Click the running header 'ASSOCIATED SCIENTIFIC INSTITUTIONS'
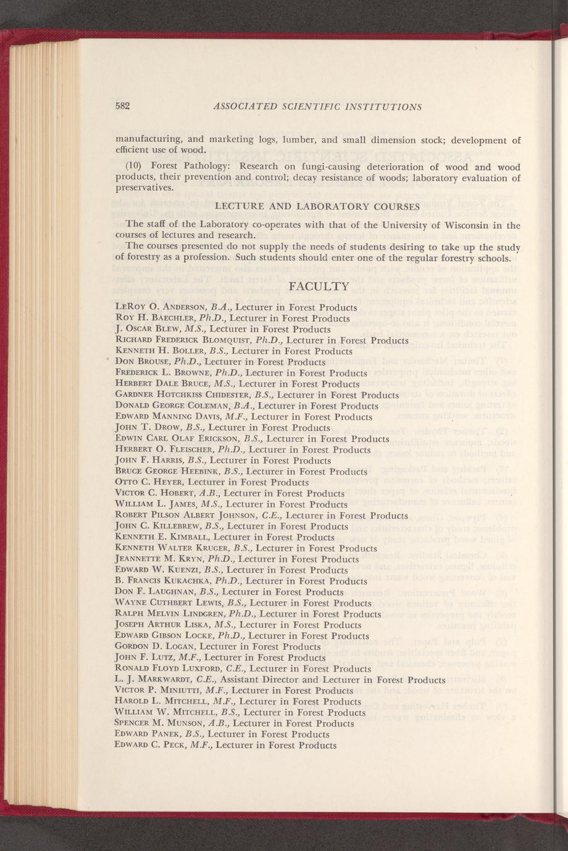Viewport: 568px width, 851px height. pyautogui.click(x=317, y=106)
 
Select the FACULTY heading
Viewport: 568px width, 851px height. pyautogui.click(x=319, y=286)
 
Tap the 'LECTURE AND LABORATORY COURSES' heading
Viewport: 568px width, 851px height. pyautogui.click(x=317, y=206)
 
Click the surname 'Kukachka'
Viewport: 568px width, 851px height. pyautogui.click(x=181, y=582)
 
